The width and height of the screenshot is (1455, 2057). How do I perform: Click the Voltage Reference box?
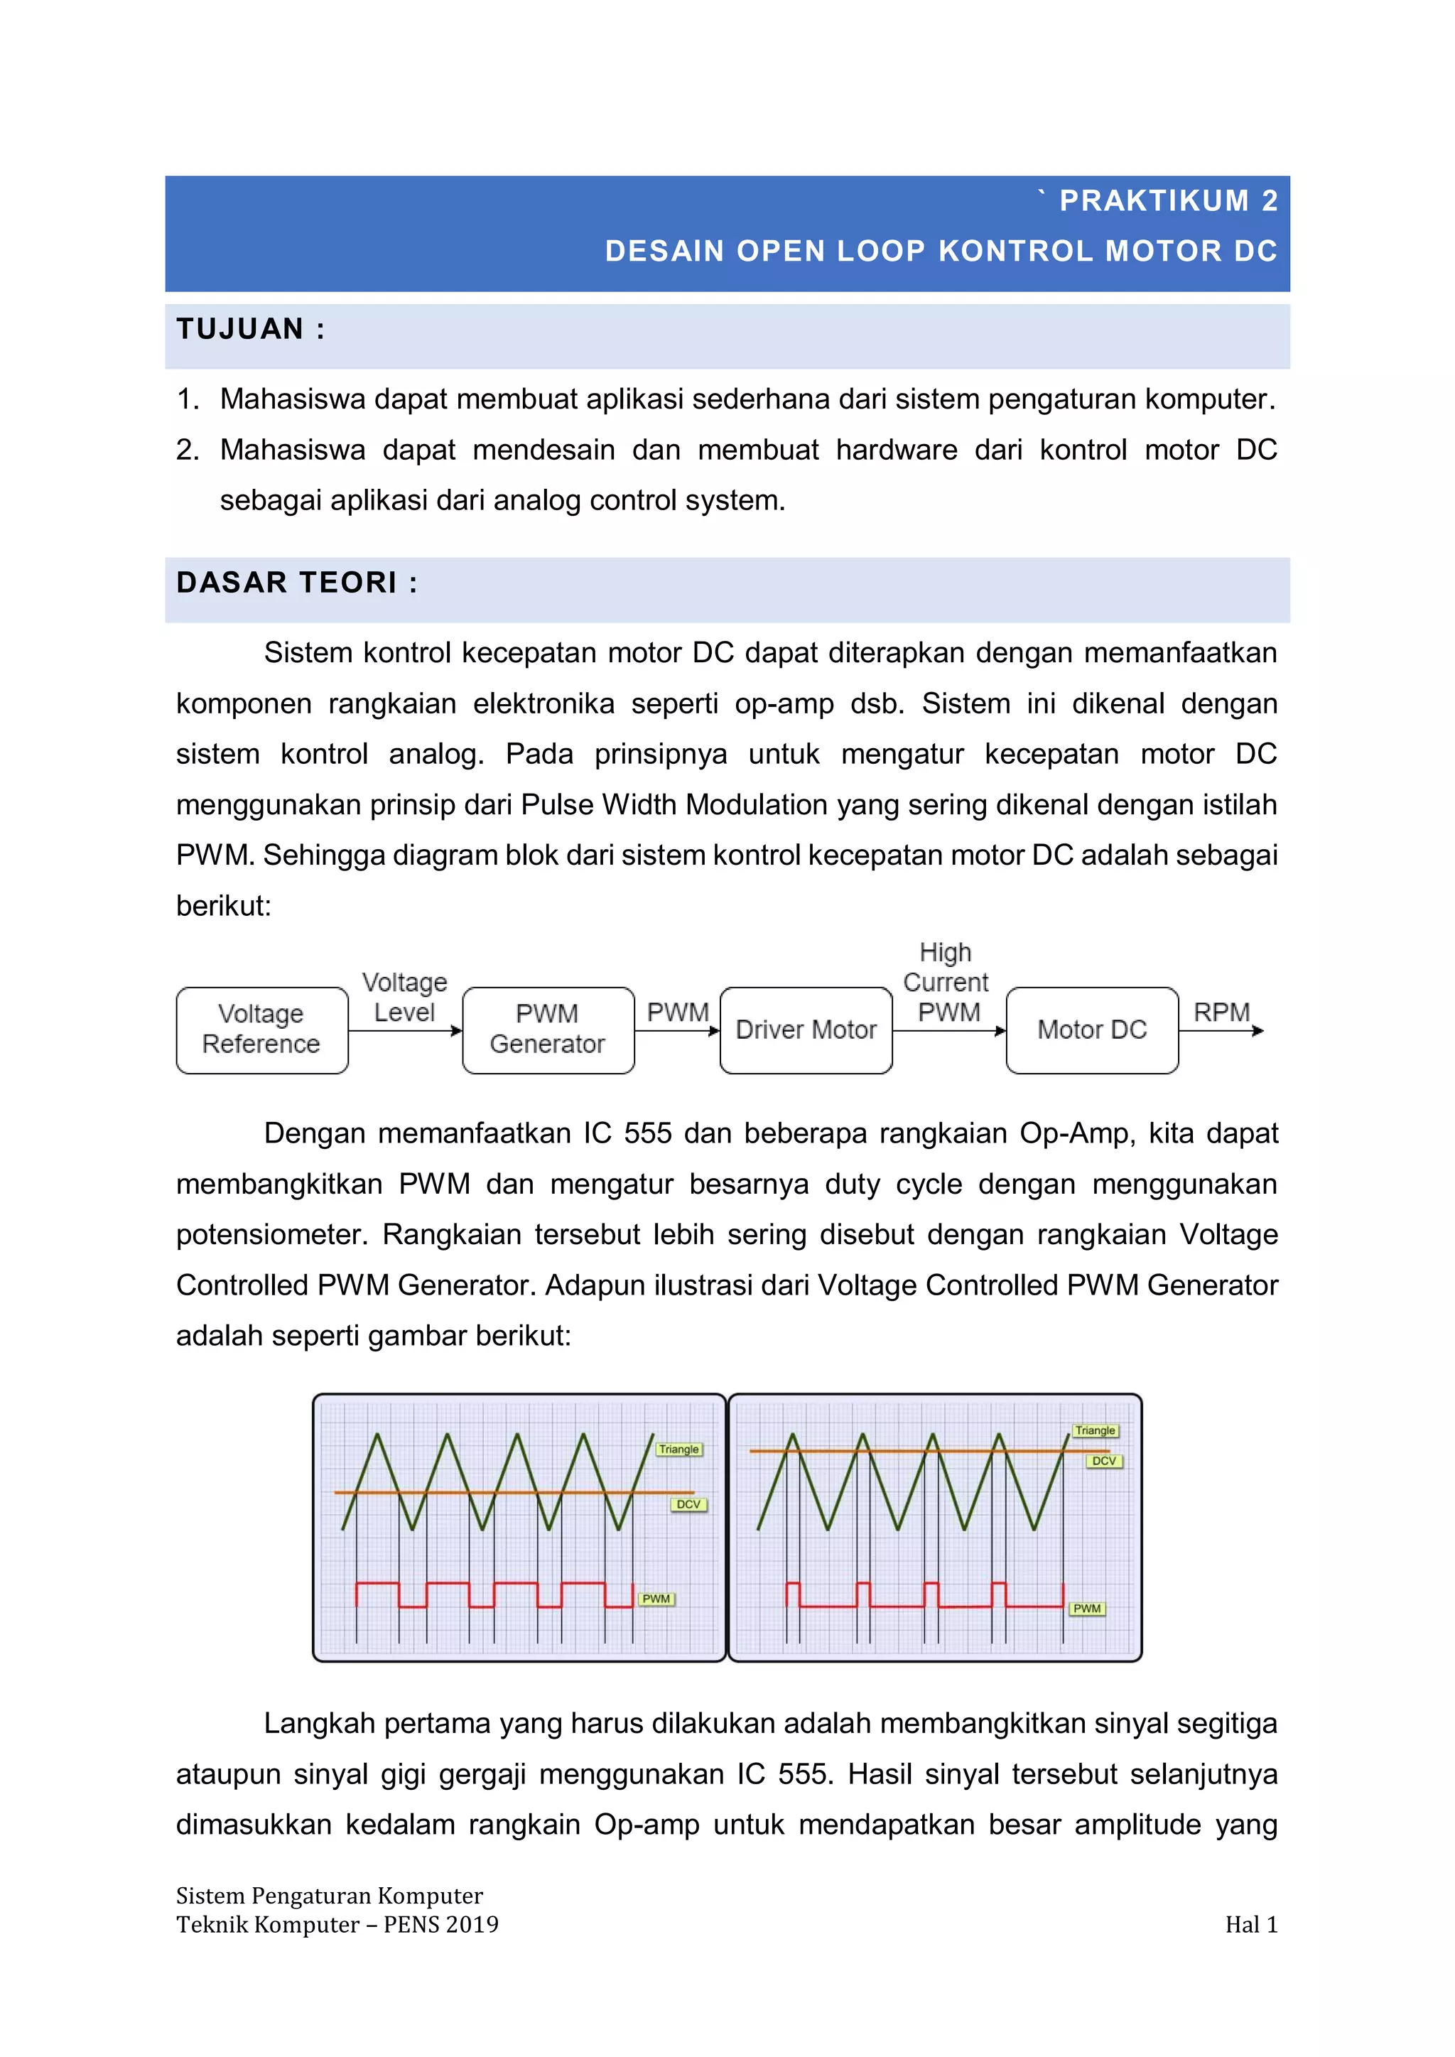(x=261, y=1030)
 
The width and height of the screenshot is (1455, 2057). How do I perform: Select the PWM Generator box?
(x=548, y=1030)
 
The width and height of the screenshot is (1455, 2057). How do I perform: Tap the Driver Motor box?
(x=806, y=1030)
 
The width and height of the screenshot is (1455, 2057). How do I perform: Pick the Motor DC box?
(x=1091, y=1030)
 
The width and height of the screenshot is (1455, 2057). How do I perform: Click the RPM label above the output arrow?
(x=1221, y=1013)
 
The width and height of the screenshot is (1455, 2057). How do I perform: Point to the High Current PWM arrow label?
(x=946, y=982)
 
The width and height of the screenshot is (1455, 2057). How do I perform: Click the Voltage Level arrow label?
(x=404, y=997)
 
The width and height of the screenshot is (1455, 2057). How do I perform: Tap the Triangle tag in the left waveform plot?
(x=678, y=1449)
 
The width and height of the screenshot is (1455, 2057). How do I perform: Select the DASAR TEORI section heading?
(x=296, y=583)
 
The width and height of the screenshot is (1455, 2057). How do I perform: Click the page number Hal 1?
(x=1250, y=1924)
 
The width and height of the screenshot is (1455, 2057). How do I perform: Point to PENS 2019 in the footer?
(x=440, y=1924)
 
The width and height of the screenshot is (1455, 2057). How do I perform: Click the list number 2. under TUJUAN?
(x=188, y=450)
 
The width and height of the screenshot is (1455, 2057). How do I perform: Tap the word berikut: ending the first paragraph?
(x=223, y=906)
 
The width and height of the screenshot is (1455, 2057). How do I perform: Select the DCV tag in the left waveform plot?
(x=688, y=1504)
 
